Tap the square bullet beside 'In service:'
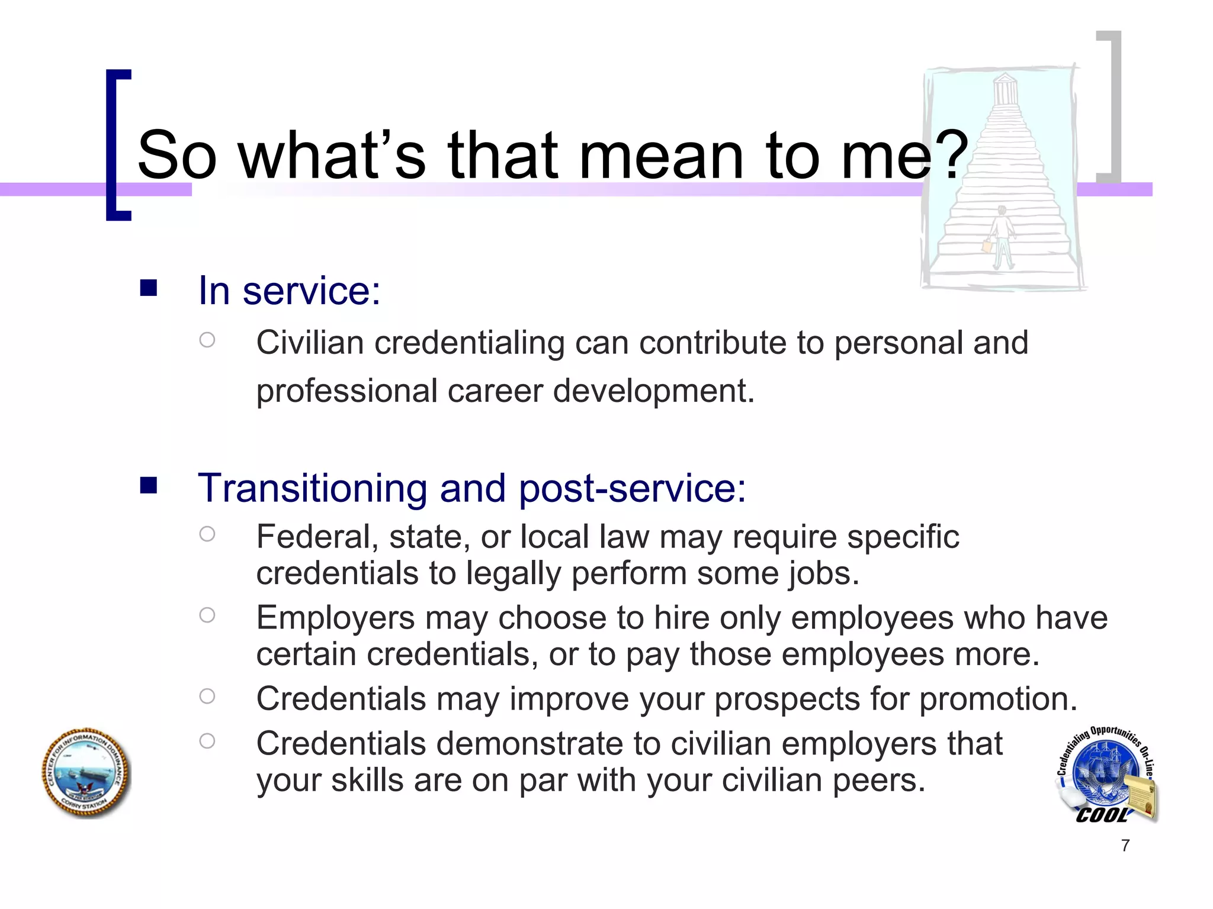pyautogui.click(x=148, y=288)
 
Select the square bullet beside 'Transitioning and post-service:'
pyautogui.click(x=148, y=485)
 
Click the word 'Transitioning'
pyautogui.click(x=312, y=489)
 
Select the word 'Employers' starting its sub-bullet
pyautogui.click(x=335, y=618)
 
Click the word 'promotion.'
pyautogui.click(x=998, y=699)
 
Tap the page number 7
pyautogui.click(x=1125, y=846)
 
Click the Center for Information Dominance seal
pyautogui.click(x=86, y=773)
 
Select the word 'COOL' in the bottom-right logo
pyautogui.click(x=1101, y=815)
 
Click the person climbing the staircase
pyautogui.click(x=1000, y=237)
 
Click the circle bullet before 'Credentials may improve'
pyautogui.click(x=207, y=696)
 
